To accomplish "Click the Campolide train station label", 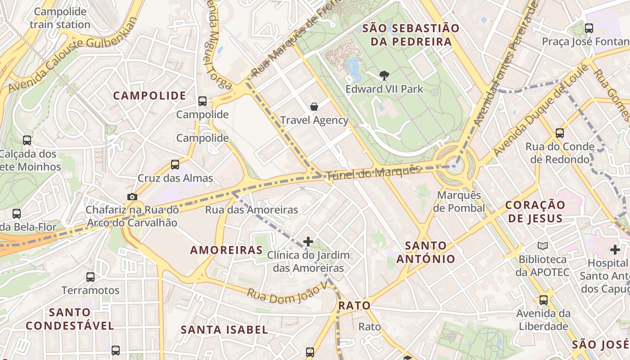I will tap(60, 18).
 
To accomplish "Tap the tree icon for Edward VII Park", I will tap(384, 76).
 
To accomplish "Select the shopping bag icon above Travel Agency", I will tap(314, 107).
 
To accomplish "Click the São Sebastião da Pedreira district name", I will tap(410, 35).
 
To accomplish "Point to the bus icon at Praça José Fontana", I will tap(589, 28).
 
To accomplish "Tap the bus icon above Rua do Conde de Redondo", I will tap(559, 133).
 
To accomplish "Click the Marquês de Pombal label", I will tap(459, 202).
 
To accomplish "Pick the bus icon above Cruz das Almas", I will tap(175, 165).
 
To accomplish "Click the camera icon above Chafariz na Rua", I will tap(132, 197).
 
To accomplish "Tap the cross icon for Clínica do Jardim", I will tap(308, 242).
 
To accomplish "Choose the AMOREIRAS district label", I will tap(226, 250).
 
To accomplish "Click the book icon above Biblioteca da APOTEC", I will tap(543, 246).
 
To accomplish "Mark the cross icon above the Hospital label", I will tap(615, 250).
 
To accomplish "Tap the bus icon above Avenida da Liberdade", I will tap(543, 300).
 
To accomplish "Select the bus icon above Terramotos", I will tap(90, 277).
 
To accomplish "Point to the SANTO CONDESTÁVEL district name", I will tap(70, 319).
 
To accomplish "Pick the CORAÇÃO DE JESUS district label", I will tap(535, 211).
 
